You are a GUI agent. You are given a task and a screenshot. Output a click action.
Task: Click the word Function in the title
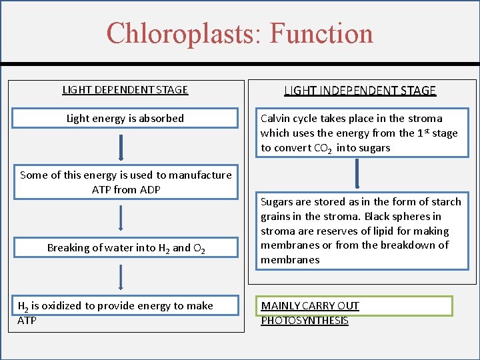pos(321,33)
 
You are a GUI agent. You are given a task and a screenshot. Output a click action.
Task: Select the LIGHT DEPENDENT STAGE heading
pos(125,90)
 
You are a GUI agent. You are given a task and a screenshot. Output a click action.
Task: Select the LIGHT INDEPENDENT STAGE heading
pos(360,91)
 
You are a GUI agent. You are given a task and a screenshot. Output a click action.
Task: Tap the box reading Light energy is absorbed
pos(125,119)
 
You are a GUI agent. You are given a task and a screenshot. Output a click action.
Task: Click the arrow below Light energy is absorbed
pos(121,147)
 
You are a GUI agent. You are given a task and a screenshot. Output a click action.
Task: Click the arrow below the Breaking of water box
pos(121,277)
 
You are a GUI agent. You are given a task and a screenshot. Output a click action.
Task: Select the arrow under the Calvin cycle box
pos(358,173)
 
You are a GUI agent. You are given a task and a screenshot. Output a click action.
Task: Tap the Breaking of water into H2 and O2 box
pos(125,248)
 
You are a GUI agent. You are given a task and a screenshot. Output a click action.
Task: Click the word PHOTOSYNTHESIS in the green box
pos(305,321)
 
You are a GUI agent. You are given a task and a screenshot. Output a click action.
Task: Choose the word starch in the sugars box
pos(445,202)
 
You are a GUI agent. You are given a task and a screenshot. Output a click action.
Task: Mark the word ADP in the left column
pos(151,190)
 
